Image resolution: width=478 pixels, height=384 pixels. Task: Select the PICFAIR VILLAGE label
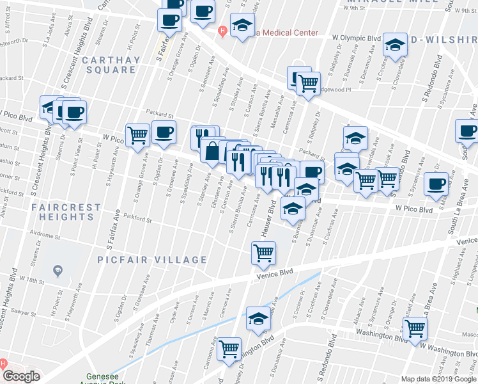coord(152,260)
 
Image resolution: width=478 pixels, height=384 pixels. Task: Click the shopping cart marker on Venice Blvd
coord(263,253)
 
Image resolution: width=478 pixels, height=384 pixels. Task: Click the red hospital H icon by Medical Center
coord(222,30)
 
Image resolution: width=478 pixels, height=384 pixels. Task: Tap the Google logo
coord(21,376)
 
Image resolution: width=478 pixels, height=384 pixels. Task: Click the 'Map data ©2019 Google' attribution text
coord(438,379)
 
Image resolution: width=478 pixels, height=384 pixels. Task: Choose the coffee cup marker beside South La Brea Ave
coord(437,184)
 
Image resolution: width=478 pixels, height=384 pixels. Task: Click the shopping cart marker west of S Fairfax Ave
coord(137,134)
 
